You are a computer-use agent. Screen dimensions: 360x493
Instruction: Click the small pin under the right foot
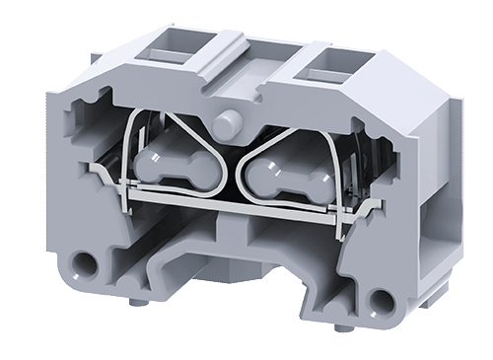(x=342, y=326)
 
